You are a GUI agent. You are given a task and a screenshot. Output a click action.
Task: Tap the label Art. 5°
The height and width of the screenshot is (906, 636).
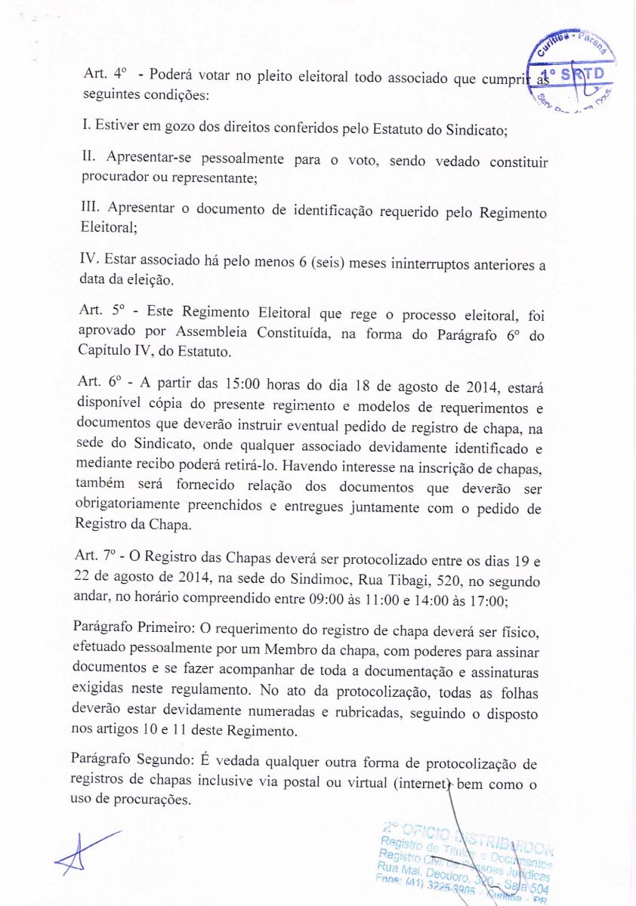click(x=101, y=311)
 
